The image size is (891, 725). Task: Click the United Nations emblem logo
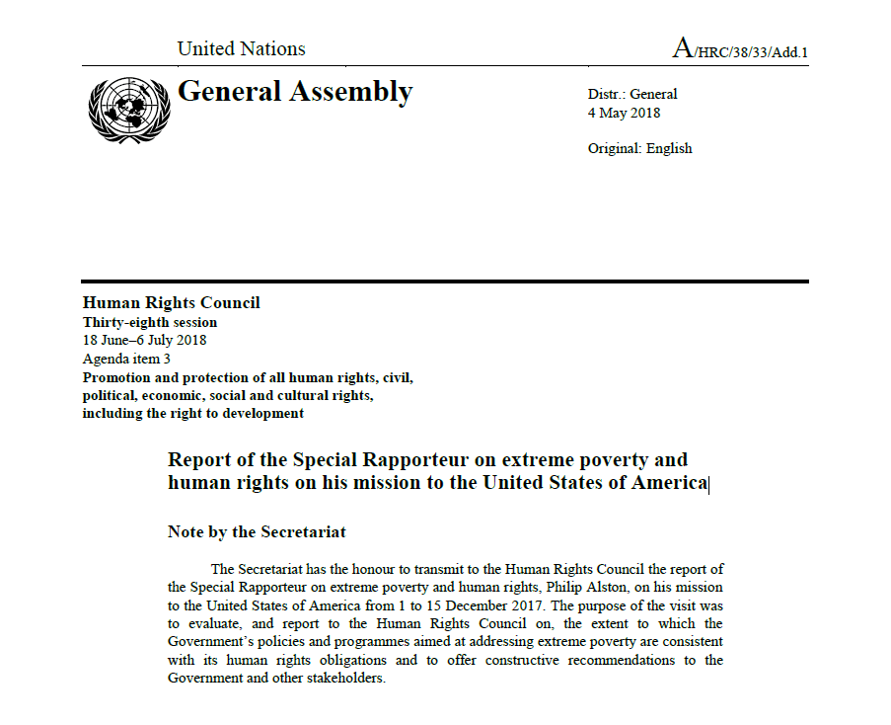pyautogui.click(x=128, y=108)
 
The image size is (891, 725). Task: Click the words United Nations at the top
pyautogui.click(x=241, y=48)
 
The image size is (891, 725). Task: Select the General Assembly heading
pyautogui.click(x=294, y=92)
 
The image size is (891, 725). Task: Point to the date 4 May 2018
pyautogui.click(x=624, y=113)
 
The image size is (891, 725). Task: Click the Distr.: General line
pyautogui.click(x=632, y=94)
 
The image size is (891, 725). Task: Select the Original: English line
pyautogui.click(x=639, y=148)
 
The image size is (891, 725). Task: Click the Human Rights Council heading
pyautogui.click(x=171, y=303)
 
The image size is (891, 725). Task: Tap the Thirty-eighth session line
pyautogui.click(x=150, y=322)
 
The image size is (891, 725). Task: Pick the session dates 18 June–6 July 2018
pyautogui.click(x=145, y=340)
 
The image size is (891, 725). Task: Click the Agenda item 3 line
pyautogui.click(x=126, y=359)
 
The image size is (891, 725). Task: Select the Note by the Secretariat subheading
pyautogui.click(x=257, y=531)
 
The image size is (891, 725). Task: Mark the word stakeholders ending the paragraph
pyautogui.click(x=342, y=679)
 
